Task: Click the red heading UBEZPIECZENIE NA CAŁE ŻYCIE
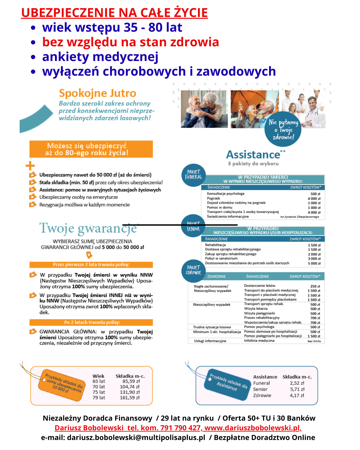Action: click(114, 13)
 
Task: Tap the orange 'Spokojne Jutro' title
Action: click(97, 93)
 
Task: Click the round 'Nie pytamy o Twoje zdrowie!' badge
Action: click(283, 129)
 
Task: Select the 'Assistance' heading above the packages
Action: click(253, 155)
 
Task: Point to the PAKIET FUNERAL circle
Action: click(194, 175)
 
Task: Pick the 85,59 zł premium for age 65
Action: click(131, 381)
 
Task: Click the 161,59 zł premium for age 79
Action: click(130, 398)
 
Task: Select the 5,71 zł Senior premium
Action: click(297, 389)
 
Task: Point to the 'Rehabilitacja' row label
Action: click(215, 245)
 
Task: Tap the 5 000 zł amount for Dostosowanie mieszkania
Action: click(314, 263)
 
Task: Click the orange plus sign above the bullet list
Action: click(30, 166)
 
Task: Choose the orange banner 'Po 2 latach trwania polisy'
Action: click(91, 322)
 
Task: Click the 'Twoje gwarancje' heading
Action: click(88, 228)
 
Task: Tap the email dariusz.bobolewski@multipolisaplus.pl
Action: click(136, 437)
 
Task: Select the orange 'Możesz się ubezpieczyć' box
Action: click(91, 149)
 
